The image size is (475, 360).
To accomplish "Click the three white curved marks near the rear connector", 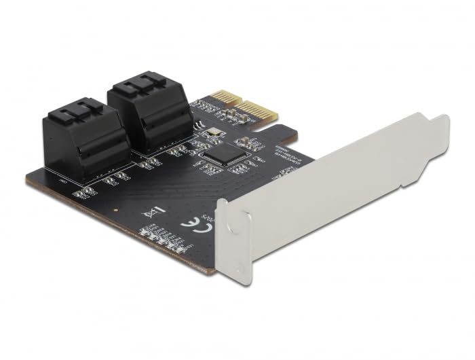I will coord(198,126).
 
